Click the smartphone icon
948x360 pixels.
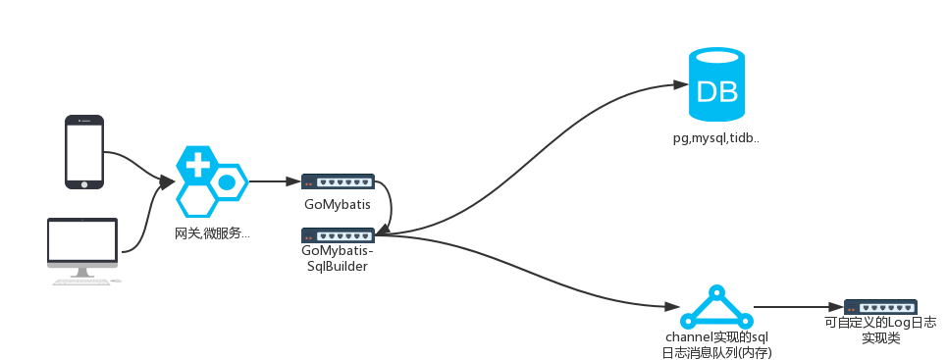(x=84, y=152)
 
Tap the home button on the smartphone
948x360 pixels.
(x=84, y=183)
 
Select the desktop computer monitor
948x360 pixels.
(x=82, y=246)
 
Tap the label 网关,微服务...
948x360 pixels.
(x=212, y=234)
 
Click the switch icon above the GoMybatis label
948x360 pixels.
(x=338, y=181)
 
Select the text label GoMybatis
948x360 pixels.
(x=338, y=204)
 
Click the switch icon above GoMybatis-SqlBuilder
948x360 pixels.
(x=338, y=235)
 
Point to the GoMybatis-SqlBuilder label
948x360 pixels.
(x=338, y=259)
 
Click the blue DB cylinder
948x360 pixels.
(x=716, y=83)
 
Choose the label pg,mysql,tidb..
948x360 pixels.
(x=715, y=138)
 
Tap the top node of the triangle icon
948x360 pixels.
(x=716, y=291)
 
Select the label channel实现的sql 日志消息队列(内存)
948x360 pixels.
(x=716, y=344)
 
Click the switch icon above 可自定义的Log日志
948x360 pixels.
(x=880, y=307)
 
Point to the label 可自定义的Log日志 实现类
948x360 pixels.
(x=880, y=330)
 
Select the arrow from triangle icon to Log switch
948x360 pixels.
(x=798, y=307)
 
